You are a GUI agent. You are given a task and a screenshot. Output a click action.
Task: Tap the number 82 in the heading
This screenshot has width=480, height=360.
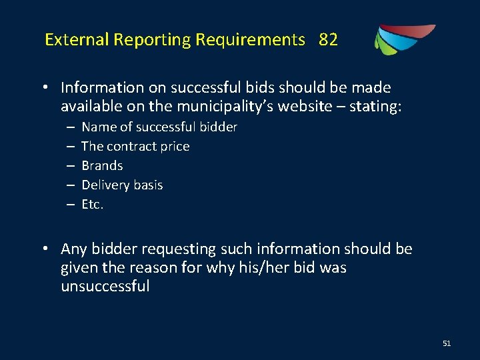click(x=328, y=40)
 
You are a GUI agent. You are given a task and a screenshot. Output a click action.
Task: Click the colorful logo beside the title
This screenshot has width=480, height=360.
click(x=403, y=39)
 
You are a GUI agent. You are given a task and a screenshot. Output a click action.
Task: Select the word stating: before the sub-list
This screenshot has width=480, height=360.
click(x=379, y=107)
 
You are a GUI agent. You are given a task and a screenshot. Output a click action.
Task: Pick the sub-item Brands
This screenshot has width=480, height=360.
click(x=102, y=165)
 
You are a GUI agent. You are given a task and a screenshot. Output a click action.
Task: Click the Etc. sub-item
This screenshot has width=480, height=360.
click(x=93, y=204)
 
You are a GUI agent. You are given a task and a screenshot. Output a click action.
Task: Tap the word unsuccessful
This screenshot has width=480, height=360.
click(x=105, y=287)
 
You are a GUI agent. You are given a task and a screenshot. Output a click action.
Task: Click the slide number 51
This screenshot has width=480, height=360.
click(x=447, y=343)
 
